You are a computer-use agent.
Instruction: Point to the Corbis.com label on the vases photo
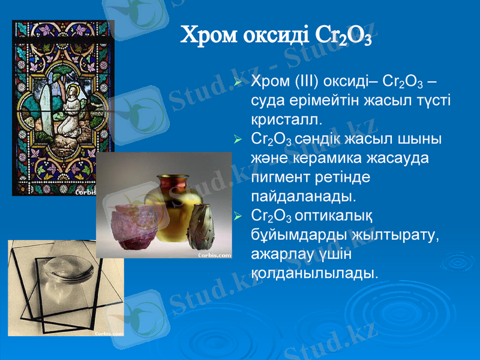(x=214, y=255)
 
